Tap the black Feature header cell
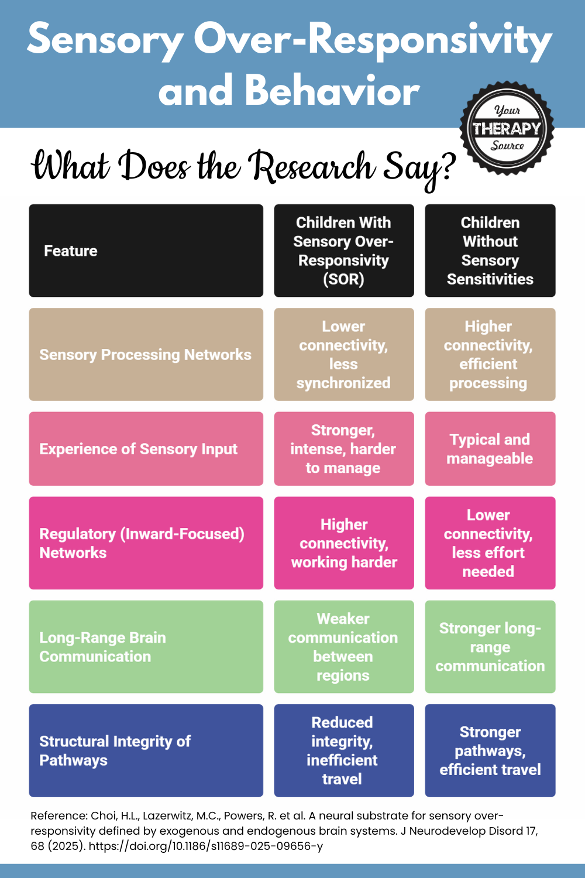[x=146, y=251]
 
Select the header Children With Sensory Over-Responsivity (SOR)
[x=344, y=251]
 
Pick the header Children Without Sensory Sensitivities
[x=490, y=251]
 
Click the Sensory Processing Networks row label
[x=146, y=355]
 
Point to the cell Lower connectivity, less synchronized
[x=344, y=355]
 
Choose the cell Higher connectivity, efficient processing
[x=490, y=355]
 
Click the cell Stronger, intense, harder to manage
[x=344, y=449]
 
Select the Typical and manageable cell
[x=490, y=449]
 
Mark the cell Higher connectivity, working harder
[x=344, y=543]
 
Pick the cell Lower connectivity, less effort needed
[x=490, y=543]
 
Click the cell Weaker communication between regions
[x=344, y=647]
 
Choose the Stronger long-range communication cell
[x=490, y=647]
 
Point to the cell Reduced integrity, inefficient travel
[x=344, y=750]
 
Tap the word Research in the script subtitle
[x=312, y=167]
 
